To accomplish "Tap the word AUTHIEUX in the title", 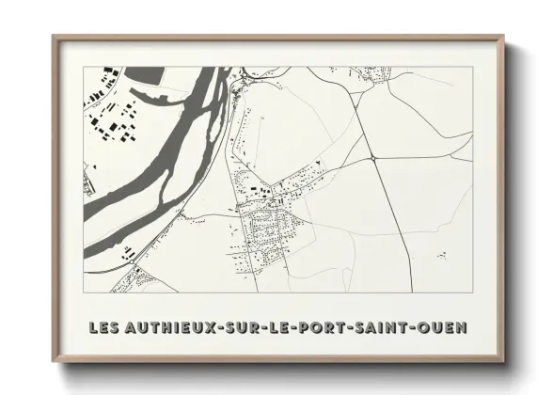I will pos(168,328).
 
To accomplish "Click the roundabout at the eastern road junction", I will pos(373,160).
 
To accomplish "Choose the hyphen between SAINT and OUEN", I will pos(417,328).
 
